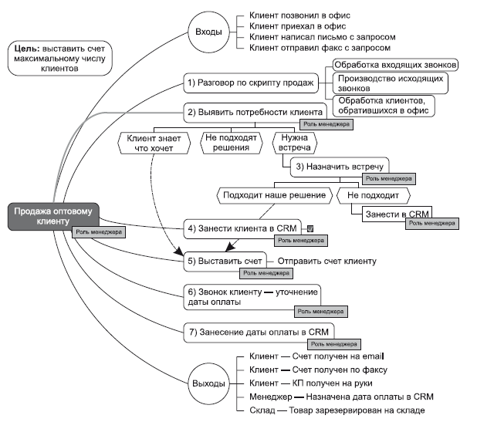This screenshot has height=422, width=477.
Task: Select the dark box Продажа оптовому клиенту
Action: (53, 216)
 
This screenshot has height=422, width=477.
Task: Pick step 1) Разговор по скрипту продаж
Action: (251, 83)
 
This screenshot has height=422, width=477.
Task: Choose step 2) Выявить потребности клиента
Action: (255, 113)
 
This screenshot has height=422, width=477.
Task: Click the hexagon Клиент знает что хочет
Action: (154, 143)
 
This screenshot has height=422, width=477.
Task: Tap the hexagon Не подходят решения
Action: (232, 143)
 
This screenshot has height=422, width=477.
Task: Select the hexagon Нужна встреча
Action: (295, 143)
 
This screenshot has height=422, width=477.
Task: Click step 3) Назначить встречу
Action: (340, 167)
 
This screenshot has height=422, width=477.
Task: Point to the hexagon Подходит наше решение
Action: (275, 195)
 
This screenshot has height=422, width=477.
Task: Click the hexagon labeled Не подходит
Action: (374, 195)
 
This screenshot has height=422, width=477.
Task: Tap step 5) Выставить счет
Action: (225, 262)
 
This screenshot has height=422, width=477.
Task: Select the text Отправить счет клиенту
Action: (327, 262)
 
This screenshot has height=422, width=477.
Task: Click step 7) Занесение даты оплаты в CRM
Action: (259, 333)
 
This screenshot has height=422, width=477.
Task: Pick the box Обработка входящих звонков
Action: (395, 65)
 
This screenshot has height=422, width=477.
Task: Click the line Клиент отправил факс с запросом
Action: (320, 48)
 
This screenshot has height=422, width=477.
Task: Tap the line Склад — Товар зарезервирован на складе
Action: (337, 410)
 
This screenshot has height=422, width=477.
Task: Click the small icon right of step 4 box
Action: (310, 228)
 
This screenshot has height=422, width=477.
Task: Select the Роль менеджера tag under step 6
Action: (321, 312)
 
